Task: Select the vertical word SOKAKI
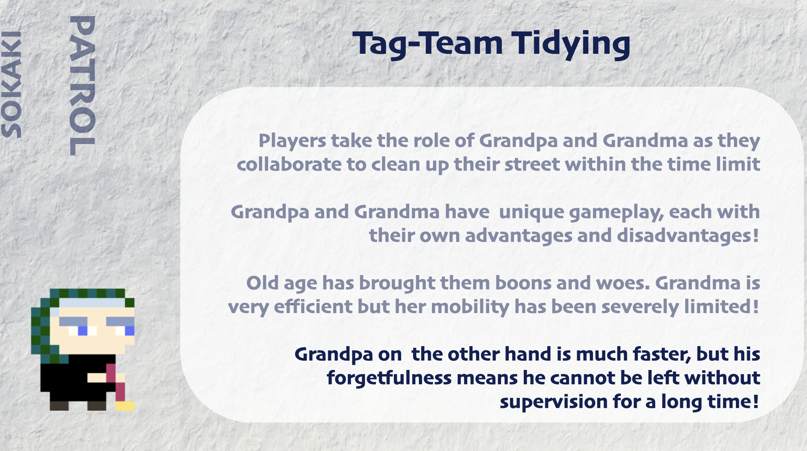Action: pyautogui.click(x=12, y=85)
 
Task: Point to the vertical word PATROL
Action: pyautogui.click(x=82, y=85)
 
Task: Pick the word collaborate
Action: pyautogui.click(x=289, y=164)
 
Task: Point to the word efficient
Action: pyautogui.click(x=313, y=307)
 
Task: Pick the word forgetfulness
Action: pyautogui.click(x=389, y=378)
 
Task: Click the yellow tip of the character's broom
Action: pyautogui.click(x=125, y=406)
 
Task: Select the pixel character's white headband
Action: pyautogui.click(x=92, y=303)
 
